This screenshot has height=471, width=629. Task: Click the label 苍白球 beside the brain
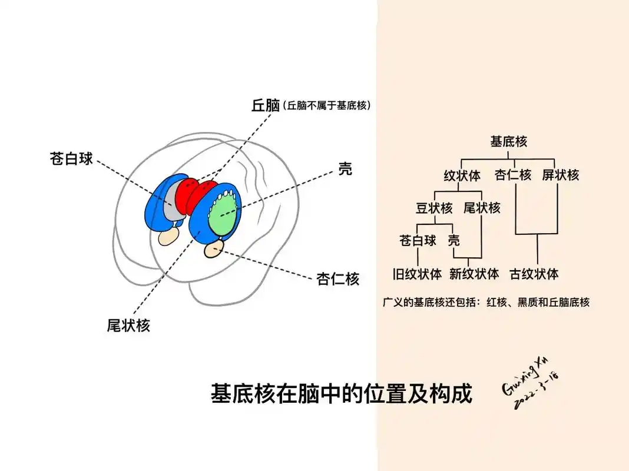click(71, 158)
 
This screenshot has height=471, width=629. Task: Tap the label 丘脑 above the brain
click(265, 105)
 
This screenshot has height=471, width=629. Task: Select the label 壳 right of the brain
click(345, 170)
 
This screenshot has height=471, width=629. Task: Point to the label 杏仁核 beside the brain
click(337, 278)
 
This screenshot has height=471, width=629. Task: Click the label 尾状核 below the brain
click(128, 325)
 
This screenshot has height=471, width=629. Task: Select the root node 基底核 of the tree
click(508, 141)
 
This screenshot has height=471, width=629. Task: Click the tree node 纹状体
click(462, 175)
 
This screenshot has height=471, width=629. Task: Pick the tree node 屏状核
click(561, 175)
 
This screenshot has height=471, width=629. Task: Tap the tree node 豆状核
click(434, 208)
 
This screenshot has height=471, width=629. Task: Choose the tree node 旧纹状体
click(417, 274)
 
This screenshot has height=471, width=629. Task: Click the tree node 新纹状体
click(474, 274)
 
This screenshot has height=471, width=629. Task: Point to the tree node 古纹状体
click(534, 274)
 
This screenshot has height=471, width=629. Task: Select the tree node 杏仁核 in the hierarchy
click(513, 175)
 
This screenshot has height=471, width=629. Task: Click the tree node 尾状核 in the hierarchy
click(482, 208)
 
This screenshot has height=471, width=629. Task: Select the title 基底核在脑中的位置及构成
click(342, 394)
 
